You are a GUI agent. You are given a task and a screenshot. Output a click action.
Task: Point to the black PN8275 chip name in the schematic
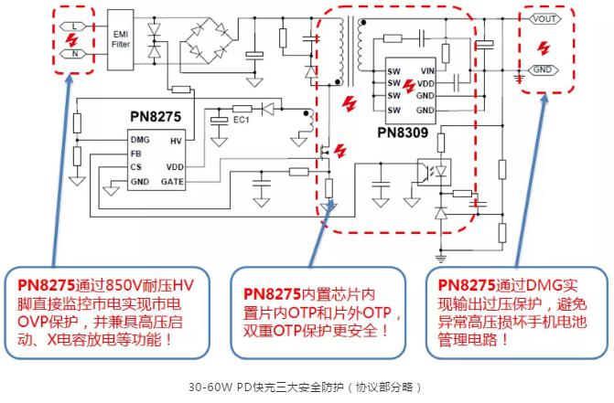[156, 118]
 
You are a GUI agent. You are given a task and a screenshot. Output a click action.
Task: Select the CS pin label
[136, 168]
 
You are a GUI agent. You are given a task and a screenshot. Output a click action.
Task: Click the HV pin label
[176, 142]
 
